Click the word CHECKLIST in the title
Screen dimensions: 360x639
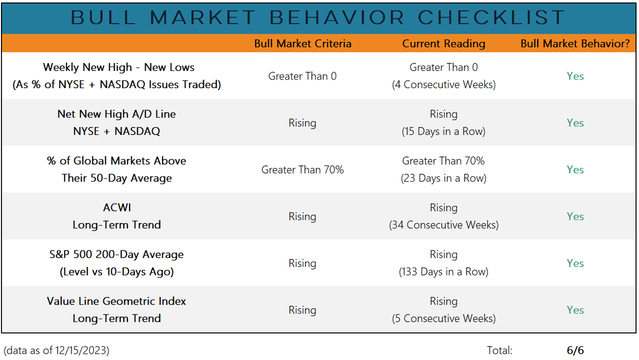pyautogui.click(x=491, y=17)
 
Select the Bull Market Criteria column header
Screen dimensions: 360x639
pyautogui.click(x=302, y=43)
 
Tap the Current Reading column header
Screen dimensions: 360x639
pyautogui.click(x=443, y=43)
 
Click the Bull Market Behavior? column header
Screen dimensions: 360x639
pyautogui.click(x=575, y=43)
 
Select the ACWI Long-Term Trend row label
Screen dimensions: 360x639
pyautogui.click(x=116, y=216)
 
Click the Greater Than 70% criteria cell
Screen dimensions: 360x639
pyautogui.click(x=302, y=169)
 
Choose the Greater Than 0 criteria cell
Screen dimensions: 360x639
pyautogui.click(x=302, y=76)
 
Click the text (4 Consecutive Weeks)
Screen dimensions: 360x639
pyautogui.click(x=443, y=84)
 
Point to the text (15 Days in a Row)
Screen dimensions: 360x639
pyautogui.click(x=443, y=131)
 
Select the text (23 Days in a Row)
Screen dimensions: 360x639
pyautogui.click(x=443, y=178)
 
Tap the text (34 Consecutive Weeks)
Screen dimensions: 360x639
pyautogui.click(x=443, y=225)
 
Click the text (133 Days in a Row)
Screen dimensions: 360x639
pyautogui.click(x=443, y=272)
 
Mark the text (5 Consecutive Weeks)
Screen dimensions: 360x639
pyautogui.click(x=443, y=318)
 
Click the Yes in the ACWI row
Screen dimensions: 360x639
pyautogui.click(x=575, y=216)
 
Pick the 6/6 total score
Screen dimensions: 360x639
pyautogui.click(x=575, y=350)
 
